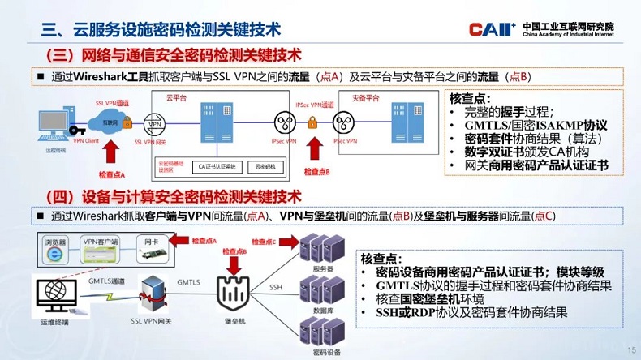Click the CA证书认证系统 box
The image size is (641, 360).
click(217, 166)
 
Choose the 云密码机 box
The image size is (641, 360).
click(265, 166)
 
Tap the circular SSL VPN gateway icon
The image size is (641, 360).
click(154, 126)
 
